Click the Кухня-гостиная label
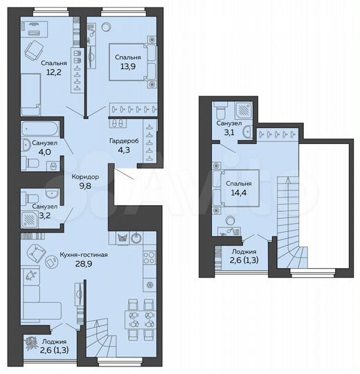pyautogui.click(x=64, y=256)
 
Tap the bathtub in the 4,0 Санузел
pyautogui.click(x=39, y=128)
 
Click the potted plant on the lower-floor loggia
pyautogui.click(x=31, y=341)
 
